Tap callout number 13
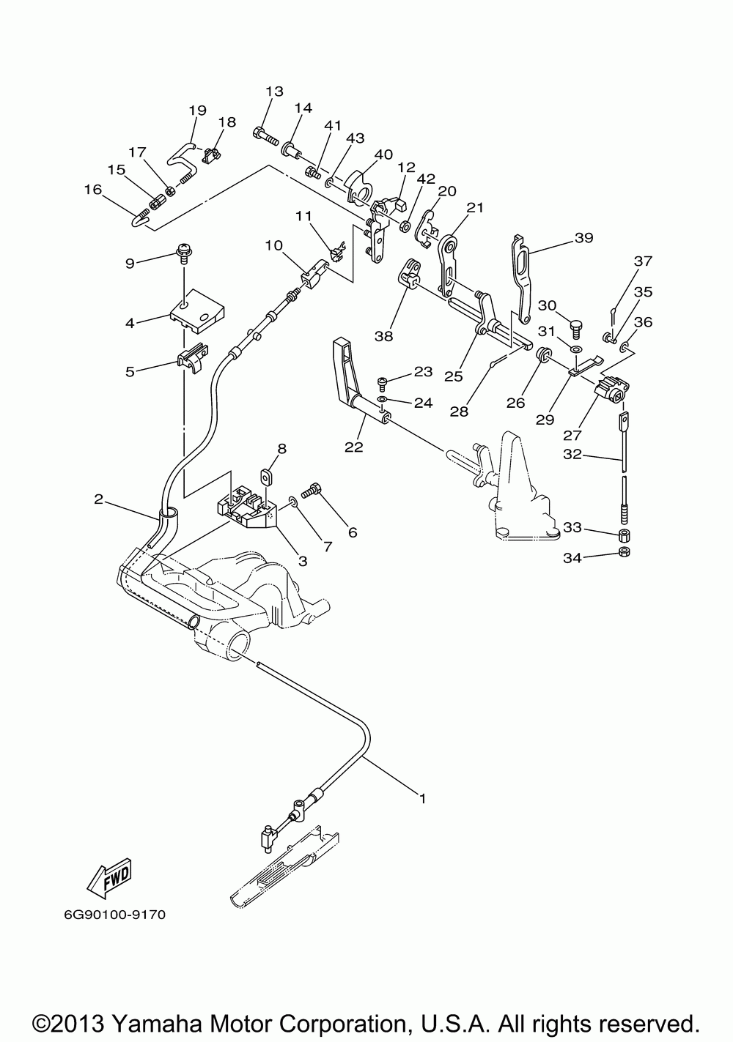(275, 92)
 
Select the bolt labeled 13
(265, 136)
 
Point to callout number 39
(584, 238)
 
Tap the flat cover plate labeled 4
(197, 310)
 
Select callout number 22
(354, 447)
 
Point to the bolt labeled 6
(312, 490)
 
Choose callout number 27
(572, 435)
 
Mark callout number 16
(93, 190)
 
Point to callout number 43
(356, 138)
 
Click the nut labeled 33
(625, 535)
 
